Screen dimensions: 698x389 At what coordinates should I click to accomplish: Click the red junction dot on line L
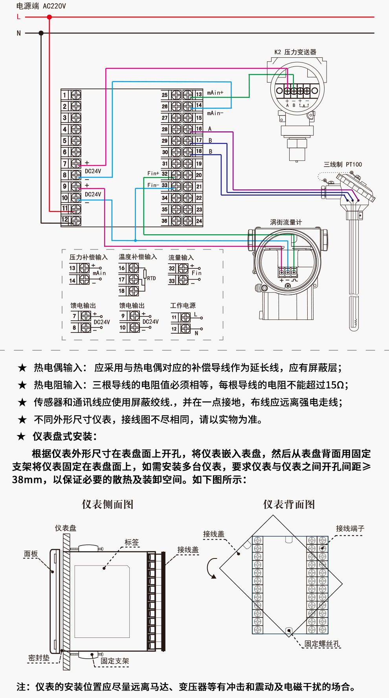pos(50,17)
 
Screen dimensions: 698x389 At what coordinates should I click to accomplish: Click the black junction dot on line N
pos(41,33)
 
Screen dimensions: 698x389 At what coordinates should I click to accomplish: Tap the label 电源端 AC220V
pos(41,6)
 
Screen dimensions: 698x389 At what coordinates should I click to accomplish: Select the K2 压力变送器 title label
pos(295,52)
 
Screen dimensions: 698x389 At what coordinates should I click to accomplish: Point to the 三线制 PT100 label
pos(343,164)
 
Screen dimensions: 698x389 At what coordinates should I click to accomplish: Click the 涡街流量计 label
pos(286,222)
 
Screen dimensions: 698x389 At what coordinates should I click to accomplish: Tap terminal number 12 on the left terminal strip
pos(65,220)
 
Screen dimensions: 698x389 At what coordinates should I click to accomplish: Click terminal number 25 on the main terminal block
pos(165,95)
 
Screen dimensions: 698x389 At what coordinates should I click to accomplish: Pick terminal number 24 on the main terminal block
pos(199,221)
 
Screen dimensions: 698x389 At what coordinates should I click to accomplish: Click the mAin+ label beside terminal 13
pos(215,93)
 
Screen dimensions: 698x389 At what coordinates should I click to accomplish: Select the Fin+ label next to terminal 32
pos(153,173)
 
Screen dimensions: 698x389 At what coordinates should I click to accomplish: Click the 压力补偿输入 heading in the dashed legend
pos(88,257)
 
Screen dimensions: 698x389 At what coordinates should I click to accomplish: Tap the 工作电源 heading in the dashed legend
pos(183,305)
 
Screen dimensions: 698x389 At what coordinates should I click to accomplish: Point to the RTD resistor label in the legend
pos(151,278)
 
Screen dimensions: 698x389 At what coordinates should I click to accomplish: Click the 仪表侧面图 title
pos(108,504)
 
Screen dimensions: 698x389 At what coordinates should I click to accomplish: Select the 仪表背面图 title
pos(289,504)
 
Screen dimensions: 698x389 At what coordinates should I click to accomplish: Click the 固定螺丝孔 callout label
pos(322,644)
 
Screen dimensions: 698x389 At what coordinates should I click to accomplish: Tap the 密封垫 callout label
pos(39,658)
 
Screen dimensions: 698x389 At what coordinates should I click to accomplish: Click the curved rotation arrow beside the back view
pos(211,568)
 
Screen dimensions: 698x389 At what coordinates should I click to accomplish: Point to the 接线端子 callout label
pos(350,529)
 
